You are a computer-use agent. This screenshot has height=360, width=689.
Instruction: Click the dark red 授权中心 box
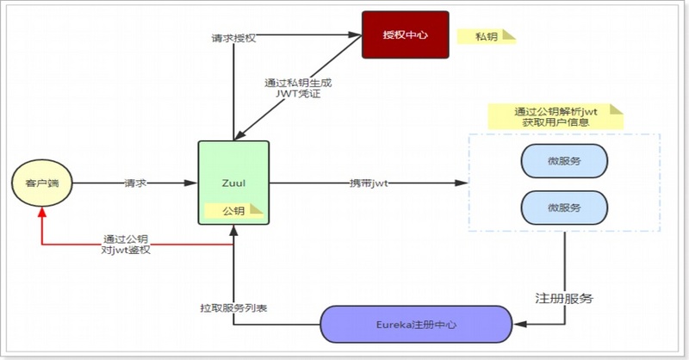click(406, 34)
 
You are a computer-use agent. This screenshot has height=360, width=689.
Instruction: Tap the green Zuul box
click(233, 183)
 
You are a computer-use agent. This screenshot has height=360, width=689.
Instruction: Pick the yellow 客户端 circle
click(41, 183)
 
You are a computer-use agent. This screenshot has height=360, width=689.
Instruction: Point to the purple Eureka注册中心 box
click(415, 325)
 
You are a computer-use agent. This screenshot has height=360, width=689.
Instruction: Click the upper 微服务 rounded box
click(564, 162)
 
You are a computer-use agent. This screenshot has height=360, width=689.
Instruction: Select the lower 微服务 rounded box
click(564, 208)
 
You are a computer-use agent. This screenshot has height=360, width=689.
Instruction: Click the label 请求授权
click(233, 39)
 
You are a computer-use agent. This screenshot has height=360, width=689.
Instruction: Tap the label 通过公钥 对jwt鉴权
click(127, 244)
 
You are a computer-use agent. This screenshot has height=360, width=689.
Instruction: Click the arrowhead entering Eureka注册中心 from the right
click(517, 325)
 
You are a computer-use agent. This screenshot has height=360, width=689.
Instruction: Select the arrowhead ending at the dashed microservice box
click(462, 183)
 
